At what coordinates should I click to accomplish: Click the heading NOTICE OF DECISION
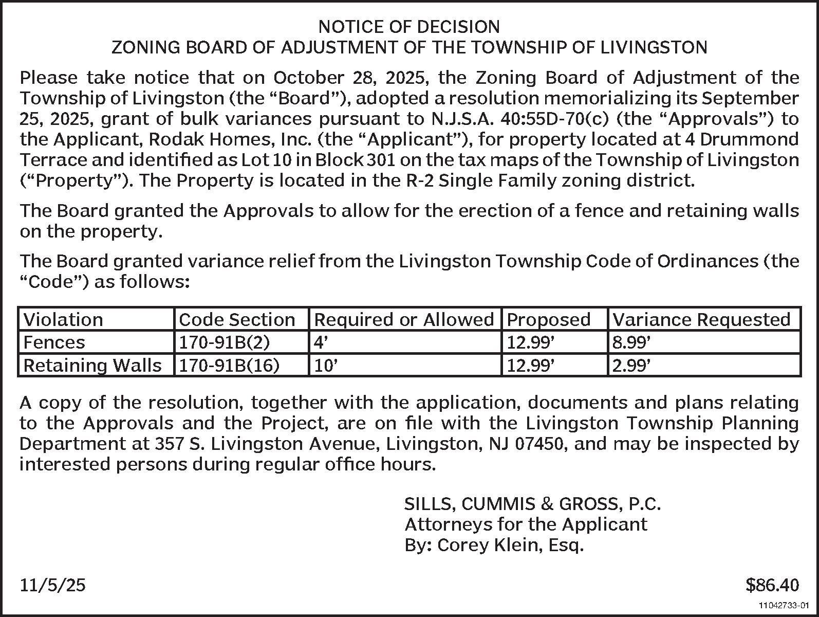409,27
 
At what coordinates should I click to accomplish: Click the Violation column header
63,320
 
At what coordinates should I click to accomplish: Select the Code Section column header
237,320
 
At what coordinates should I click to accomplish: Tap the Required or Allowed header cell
404,320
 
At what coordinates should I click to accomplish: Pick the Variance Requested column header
701,320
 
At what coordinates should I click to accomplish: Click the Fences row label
54,342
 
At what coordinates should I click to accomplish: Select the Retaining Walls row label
92,365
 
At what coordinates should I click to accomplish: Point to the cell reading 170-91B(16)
229,365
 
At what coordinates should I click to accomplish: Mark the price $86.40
772,585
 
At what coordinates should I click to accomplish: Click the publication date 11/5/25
52,585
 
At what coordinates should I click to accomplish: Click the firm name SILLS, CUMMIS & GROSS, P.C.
532,504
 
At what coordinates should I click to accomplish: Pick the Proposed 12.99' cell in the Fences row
531,342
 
